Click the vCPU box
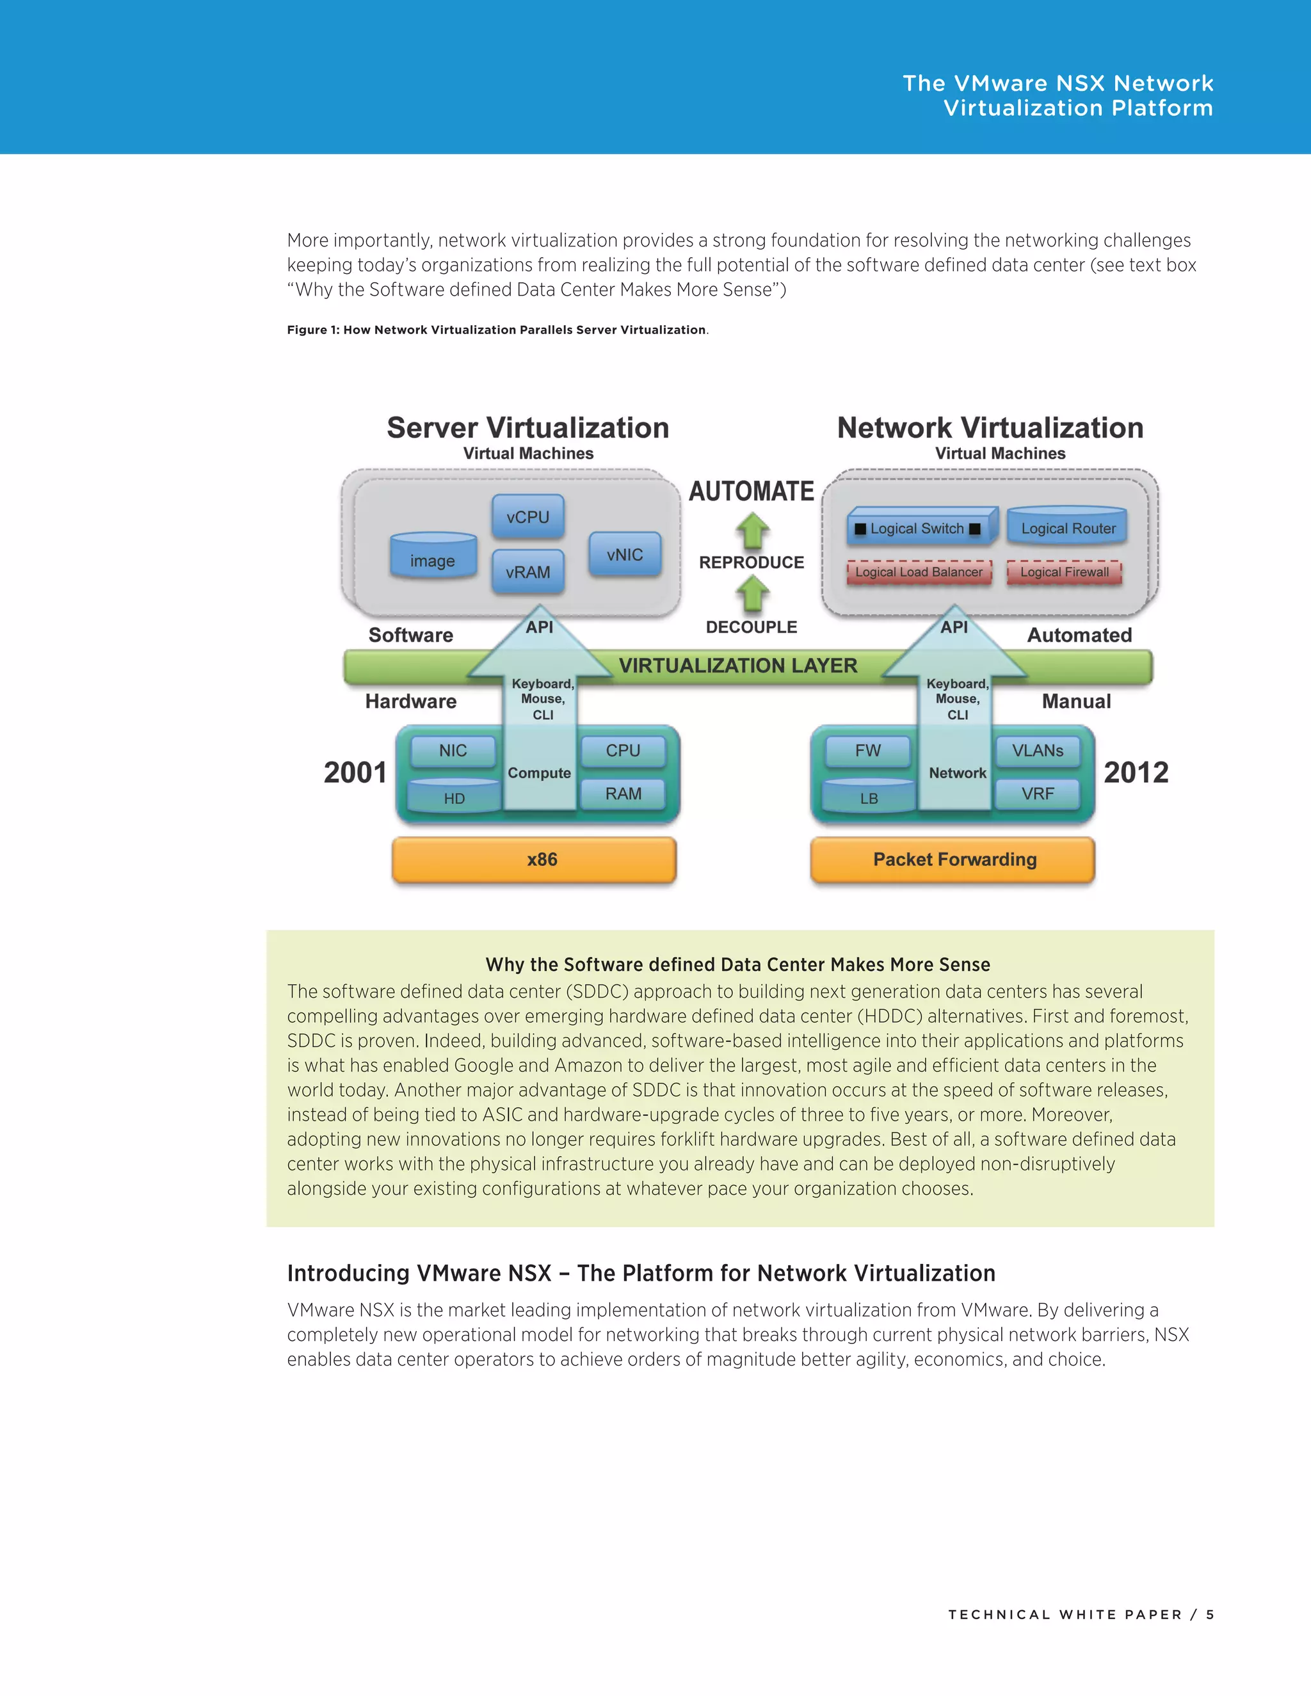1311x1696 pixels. [527, 517]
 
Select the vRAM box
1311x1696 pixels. [527, 572]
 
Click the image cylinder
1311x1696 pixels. [433, 557]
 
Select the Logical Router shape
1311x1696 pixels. [1068, 527]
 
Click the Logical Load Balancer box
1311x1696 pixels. [919, 572]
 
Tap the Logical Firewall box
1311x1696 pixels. [1064, 572]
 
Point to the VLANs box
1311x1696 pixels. [1038, 751]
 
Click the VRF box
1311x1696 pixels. [1038, 794]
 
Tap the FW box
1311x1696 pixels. [867, 751]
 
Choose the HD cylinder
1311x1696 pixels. [454, 797]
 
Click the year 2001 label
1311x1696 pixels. [355, 772]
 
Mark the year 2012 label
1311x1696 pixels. [1136, 772]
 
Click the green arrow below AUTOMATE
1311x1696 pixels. [752, 532]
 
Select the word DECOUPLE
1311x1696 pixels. [751, 627]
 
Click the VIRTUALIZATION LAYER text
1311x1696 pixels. [738, 666]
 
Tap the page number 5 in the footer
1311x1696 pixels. [1209, 1615]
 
